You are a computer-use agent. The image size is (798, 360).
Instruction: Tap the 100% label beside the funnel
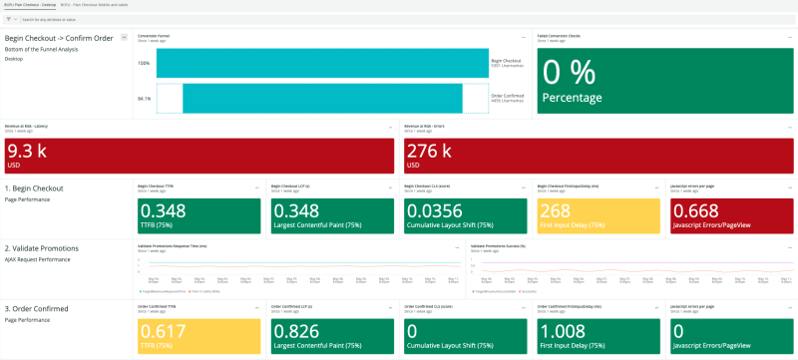point(144,63)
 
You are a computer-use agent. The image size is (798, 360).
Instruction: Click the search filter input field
point(100,19)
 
